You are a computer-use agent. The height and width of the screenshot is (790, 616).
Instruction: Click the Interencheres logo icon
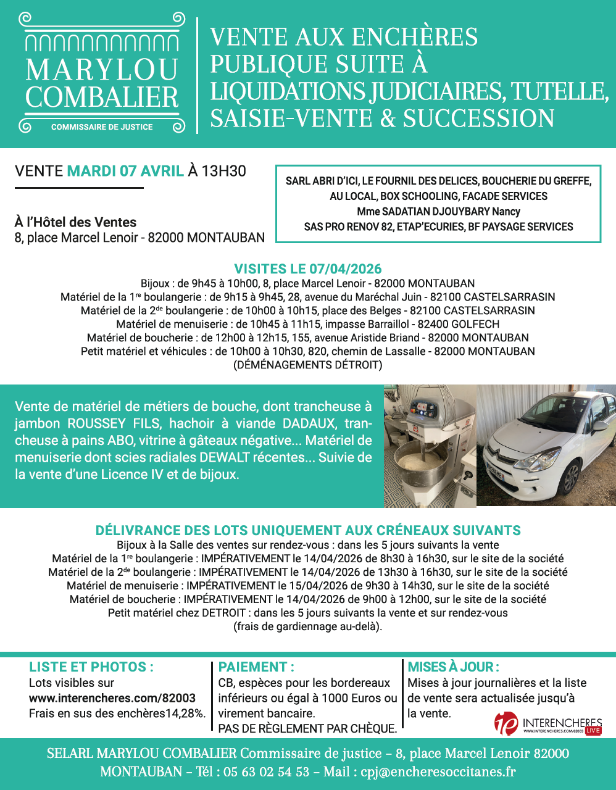[506, 723]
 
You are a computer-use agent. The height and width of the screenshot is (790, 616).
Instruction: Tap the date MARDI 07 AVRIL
[125, 171]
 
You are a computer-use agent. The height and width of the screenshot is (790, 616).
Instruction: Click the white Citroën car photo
[546, 446]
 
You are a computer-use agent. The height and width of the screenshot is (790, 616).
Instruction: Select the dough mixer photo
[430, 446]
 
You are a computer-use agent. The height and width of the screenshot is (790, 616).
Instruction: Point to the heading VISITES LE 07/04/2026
[307, 269]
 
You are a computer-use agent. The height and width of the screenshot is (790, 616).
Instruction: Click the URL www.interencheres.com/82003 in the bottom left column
[112, 698]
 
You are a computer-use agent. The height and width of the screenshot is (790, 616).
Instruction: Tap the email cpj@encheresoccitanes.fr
[446, 771]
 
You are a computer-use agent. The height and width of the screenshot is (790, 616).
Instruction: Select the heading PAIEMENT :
[256, 667]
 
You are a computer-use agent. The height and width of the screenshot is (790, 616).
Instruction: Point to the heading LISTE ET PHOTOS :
[91, 667]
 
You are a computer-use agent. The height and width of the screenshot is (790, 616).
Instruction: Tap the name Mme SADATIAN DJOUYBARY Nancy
[438, 212]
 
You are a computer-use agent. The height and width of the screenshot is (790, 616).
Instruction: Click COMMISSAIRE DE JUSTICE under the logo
[102, 127]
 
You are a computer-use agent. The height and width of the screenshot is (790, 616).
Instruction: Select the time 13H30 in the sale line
[223, 171]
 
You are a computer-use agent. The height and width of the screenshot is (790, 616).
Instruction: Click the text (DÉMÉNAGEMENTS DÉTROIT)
[307, 365]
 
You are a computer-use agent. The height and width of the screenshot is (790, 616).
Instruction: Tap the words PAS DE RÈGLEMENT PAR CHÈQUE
[307, 728]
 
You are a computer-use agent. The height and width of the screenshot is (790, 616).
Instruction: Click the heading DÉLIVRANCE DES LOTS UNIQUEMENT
[307, 531]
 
